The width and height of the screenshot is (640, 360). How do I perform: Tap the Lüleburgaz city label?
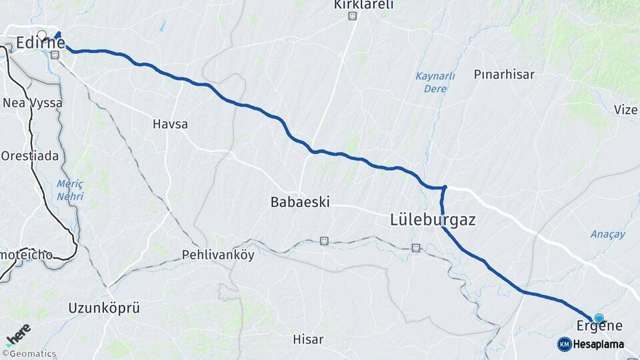[x=433, y=219]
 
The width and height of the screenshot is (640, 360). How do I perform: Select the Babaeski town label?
[x=300, y=201]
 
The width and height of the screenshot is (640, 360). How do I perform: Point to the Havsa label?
[x=170, y=124]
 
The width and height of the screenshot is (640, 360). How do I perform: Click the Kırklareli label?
[x=364, y=5]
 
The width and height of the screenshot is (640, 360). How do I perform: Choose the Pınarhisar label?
[x=504, y=75]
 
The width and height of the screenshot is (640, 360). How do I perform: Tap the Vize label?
[x=626, y=110]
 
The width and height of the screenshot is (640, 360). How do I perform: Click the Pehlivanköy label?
[x=218, y=255]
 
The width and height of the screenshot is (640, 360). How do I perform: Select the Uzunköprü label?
[x=104, y=308]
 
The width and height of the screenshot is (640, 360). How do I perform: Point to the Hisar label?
[x=308, y=339]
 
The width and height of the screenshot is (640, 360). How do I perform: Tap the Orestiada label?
[x=29, y=155]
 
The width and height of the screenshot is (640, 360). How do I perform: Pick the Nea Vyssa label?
[x=33, y=103]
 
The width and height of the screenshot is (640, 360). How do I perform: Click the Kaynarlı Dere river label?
[x=435, y=82]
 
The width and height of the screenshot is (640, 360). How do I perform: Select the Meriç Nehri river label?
[x=70, y=189]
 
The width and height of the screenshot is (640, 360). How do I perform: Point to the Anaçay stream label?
[x=607, y=234]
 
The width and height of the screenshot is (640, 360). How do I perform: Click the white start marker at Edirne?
[x=42, y=35]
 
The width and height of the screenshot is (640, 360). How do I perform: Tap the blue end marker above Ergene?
[x=599, y=318]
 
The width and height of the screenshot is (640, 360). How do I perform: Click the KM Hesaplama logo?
[x=591, y=344]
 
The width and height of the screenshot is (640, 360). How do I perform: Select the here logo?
[x=19, y=333]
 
